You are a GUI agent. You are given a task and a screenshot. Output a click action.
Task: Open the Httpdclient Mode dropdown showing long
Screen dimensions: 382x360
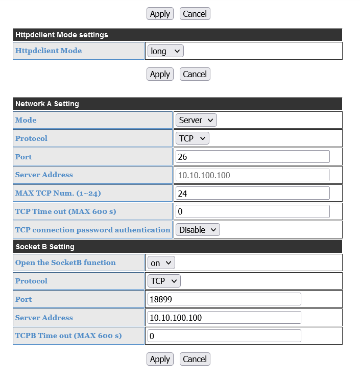(x=165, y=51)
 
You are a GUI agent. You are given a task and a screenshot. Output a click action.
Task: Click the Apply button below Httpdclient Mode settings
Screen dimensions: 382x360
(x=160, y=74)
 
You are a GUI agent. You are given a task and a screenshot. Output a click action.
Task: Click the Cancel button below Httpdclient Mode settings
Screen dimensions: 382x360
(x=195, y=74)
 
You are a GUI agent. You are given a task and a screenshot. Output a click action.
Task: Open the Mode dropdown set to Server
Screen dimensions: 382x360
(x=197, y=120)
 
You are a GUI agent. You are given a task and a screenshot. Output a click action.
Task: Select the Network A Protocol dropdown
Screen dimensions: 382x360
(x=193, y=138)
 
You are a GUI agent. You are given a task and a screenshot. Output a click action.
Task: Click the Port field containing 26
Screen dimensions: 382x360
(x=253, y=157)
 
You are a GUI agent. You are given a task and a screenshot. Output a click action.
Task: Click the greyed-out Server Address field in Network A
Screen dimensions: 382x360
(x=253, y=175)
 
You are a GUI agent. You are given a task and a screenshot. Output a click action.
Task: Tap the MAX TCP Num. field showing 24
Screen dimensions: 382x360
(x=253, y=194)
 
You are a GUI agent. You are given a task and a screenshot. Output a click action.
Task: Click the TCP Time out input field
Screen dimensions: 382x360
(x=253, y=211)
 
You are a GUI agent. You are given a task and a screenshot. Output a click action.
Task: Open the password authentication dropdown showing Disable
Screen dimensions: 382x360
(x=198, y=230)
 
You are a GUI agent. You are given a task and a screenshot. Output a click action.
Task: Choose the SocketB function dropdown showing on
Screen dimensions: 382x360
(x=161, y=263)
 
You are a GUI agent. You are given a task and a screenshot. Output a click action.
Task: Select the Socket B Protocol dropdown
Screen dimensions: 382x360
(x=164, y=281)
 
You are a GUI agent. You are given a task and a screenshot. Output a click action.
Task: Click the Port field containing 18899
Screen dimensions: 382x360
(x=224, y=299)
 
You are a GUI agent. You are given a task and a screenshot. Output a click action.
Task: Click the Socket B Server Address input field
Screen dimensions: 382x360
(x=224, y=318)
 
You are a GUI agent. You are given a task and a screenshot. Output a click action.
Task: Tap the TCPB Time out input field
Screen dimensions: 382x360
(x=224, y=336)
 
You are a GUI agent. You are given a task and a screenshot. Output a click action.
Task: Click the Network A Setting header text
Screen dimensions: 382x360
(x=47, y=104)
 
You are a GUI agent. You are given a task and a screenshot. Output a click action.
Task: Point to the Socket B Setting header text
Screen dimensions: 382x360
(x=45, y=247)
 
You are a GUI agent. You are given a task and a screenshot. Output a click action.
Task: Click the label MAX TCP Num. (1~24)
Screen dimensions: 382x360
(x=57, y=193)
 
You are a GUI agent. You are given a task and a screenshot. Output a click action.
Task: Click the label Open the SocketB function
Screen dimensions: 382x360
(x=65, y=262)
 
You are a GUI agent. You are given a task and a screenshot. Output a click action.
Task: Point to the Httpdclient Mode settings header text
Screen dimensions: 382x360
(x=62, y=35)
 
